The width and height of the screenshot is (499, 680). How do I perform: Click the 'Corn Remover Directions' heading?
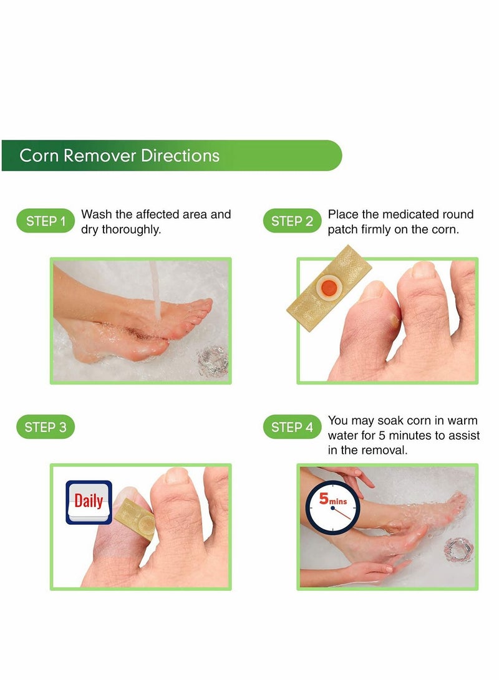[x=119, y=155]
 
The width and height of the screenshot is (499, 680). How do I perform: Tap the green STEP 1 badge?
[x=46, y=221]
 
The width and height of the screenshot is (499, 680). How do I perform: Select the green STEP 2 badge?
[x=292, y=221]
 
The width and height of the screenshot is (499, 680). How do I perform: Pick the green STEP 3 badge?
[x=46, y=427]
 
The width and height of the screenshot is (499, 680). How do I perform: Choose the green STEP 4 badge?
[x=292, y=427]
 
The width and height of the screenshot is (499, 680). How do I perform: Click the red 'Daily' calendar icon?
[x=89, y=501]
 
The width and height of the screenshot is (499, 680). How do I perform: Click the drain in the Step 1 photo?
[x=212, y=360]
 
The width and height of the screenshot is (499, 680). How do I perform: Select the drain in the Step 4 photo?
[x=458, y=550]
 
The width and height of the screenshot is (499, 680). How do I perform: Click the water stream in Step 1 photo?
[x=155, y=293]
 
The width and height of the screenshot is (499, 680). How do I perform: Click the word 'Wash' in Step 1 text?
[x=97, y=214]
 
